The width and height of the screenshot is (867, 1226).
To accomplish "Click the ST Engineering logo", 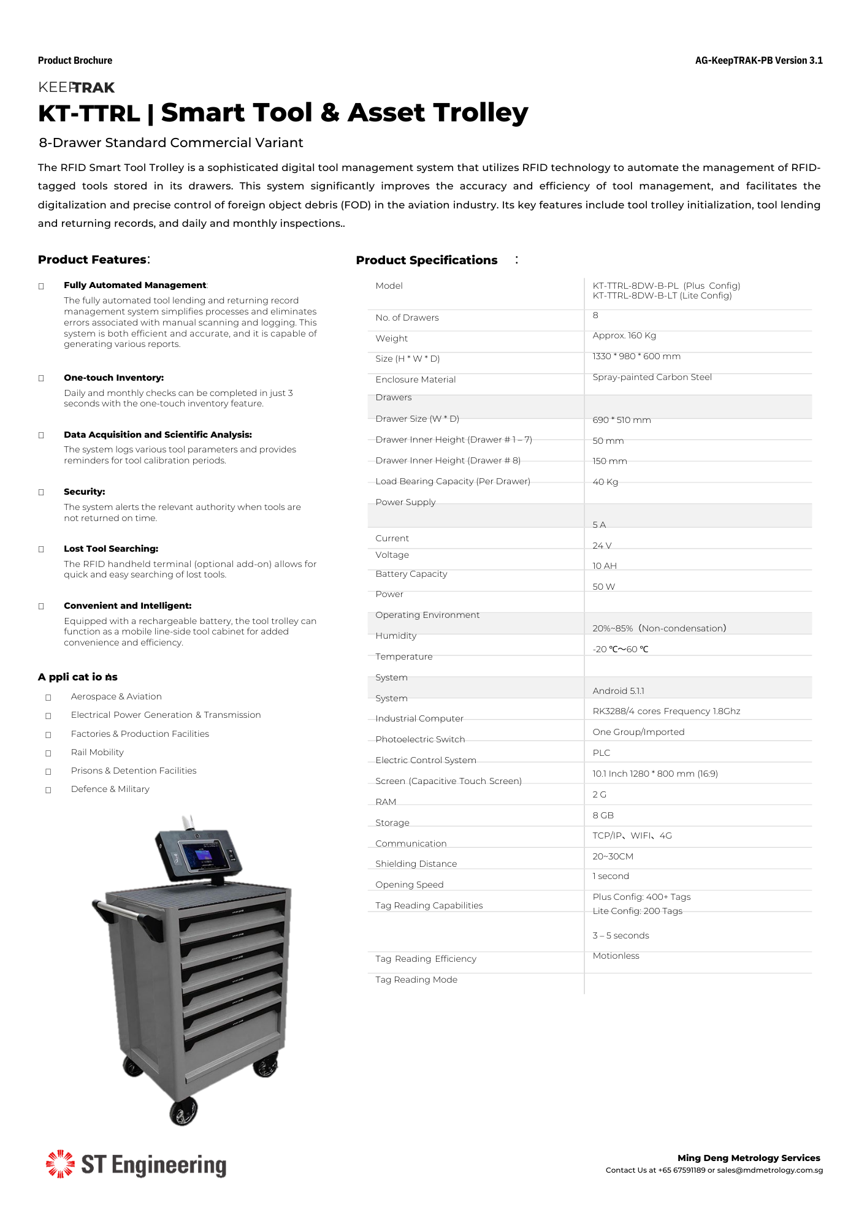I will tap(136, 1165).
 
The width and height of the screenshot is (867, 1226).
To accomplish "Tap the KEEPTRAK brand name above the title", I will tap(76, 88).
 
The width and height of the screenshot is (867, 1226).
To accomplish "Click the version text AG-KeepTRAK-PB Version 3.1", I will tap(758, 61).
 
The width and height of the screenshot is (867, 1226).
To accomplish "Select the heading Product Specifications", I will tap(426, 261).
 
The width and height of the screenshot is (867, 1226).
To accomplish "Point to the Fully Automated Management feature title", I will tap(135, 285).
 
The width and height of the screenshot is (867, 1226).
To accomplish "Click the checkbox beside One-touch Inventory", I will tap(42, 378).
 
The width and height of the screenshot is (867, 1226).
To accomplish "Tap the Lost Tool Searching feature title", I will tap(111, 549).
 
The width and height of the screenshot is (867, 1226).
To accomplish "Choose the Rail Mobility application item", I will tap(97, 752).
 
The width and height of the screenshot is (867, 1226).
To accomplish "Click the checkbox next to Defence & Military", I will tap(48, 790).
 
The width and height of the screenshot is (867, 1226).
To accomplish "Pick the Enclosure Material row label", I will tap(415, 379).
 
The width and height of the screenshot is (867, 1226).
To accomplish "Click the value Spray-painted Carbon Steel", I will tap(652, 377).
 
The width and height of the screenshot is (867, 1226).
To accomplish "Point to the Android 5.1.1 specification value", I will tap(618, 691).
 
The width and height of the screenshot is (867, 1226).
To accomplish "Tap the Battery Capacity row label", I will tap(411, 574).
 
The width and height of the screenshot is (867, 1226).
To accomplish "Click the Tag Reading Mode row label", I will tap(416, 980).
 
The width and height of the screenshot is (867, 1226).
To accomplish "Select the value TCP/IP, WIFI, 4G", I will tap(632, 836).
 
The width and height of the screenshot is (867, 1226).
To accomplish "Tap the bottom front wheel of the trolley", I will tap(183, 1111).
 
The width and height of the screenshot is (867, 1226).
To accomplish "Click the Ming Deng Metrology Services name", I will tap(748, 1158).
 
